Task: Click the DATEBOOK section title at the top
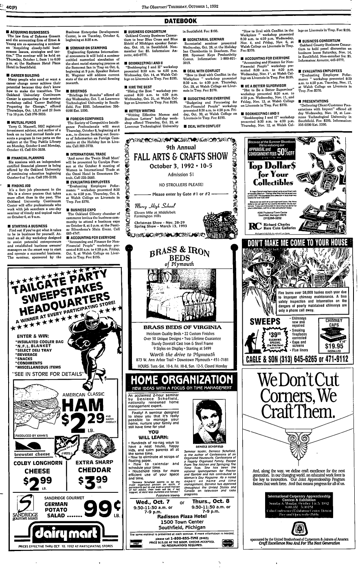(180, 21)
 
